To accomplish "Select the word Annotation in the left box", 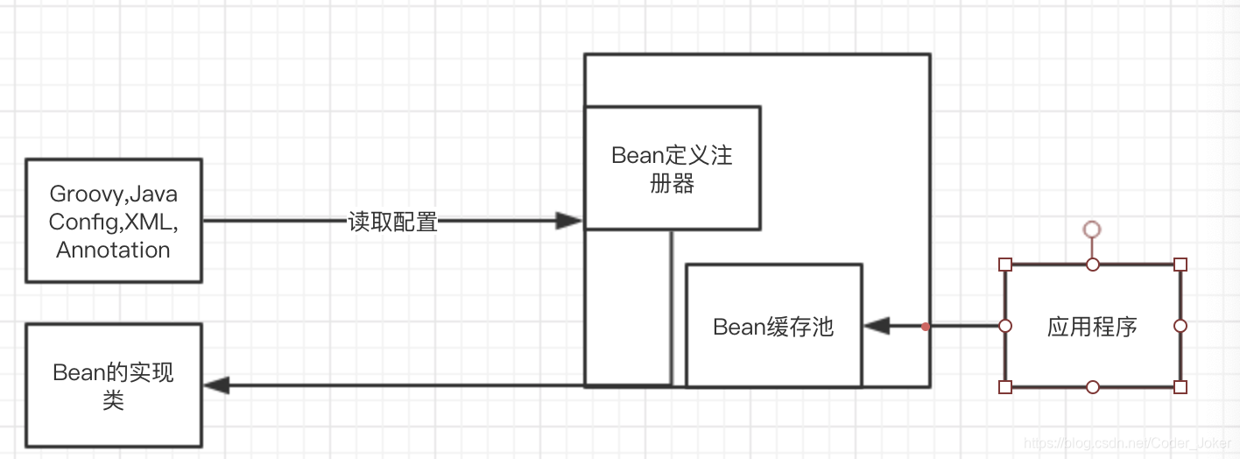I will tap(113, 250).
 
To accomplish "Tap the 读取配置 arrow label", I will tap(392, 222).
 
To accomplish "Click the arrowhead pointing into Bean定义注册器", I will tap(570, 222).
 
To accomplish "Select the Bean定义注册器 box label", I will tap(672, 169).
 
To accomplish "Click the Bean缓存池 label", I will tap(773, 327).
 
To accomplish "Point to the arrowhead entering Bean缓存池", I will tap(877, 327).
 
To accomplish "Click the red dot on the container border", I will tap(926, 327).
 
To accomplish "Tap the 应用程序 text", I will tap(1092, 327).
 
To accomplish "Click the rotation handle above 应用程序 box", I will tap(1092, 229).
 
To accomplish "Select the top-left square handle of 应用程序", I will tap(1005, 264).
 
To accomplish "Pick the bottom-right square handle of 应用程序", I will tap(1180, 386).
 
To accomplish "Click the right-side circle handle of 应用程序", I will tap(1180, 326).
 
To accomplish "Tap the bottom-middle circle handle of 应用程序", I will tap(1092, 386).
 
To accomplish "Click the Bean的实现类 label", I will tap(114, 386).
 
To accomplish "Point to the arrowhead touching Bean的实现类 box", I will tap(216, 385).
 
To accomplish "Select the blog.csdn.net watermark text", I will tap(1131, 443).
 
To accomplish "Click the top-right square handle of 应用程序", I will tap(1180, 264).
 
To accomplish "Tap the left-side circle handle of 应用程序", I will tap(1005, 326).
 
